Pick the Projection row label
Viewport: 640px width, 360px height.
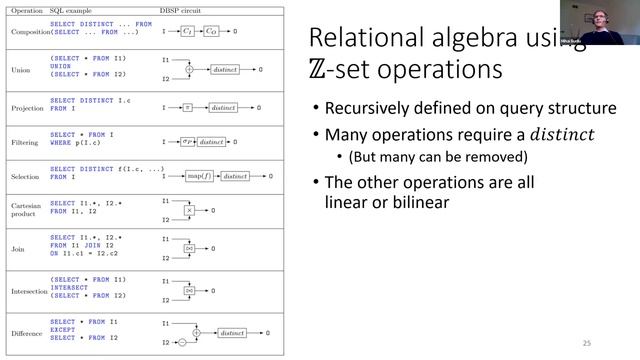click(x=23, y=105)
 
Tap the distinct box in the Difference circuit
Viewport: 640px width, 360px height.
click(x=231, y=332)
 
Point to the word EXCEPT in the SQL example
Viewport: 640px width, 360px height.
click(x=63, y=331)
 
